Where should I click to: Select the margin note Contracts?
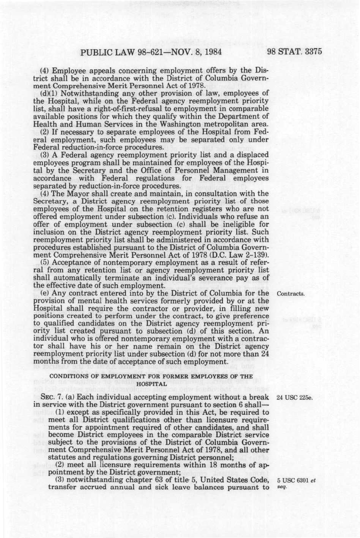[x=291, y=294]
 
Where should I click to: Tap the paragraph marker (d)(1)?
[x=49, y=93]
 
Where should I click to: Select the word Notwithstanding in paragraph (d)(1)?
[x=86, y=93]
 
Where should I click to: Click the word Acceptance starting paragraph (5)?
[x=70, y=263]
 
